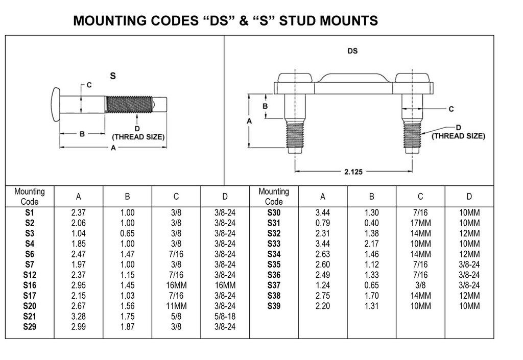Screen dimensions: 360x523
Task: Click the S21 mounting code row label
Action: coord(29,317)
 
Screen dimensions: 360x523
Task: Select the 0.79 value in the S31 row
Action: coord(323,223)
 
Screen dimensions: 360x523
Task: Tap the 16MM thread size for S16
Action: coord(225,285)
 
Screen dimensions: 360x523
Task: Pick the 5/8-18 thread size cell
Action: coord(225,317)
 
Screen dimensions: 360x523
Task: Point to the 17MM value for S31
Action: coord(420,223)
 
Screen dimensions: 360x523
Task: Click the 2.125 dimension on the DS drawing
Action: coord(353,172)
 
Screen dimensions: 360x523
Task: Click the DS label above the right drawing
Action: coord(352,51)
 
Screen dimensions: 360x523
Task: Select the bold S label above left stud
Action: coord(113,76)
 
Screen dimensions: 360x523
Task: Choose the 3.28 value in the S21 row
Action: coord(79,317)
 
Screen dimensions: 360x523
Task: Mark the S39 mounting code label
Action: coord(274,306)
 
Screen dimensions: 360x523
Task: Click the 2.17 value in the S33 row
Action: coord(372,244)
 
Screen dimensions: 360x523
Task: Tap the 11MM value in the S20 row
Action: coord(176,306)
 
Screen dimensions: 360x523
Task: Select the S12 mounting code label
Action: coord(29,275)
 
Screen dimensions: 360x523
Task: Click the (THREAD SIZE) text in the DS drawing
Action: coord(458,136)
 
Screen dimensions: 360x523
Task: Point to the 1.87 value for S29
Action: coord(127,327)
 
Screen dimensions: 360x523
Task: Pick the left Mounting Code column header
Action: coord(29,196)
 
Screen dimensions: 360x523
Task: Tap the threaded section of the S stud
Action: coord(129,105)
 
